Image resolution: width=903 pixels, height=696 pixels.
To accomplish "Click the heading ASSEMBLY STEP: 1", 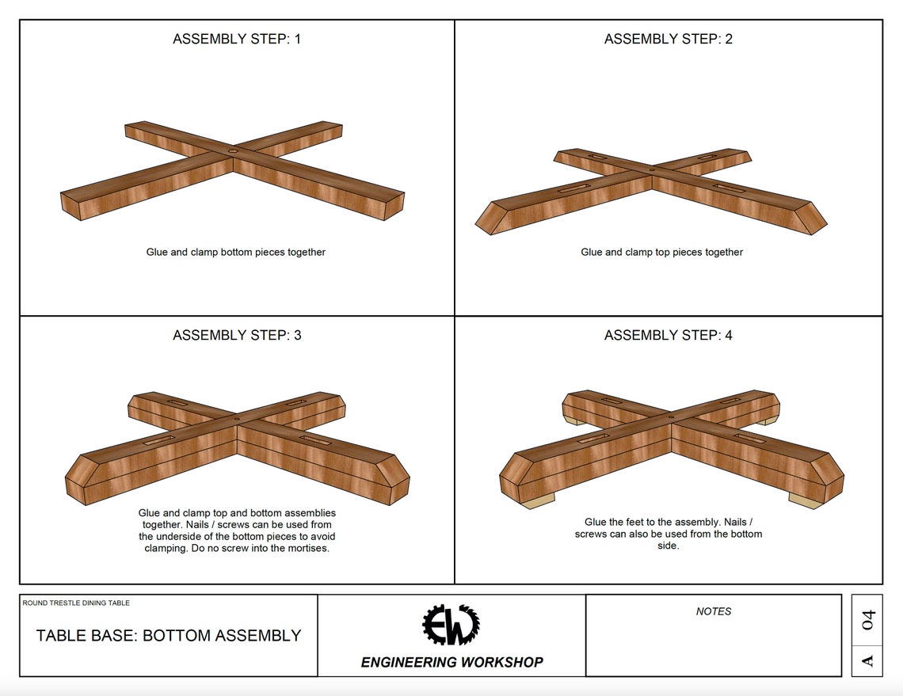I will click(237, 39).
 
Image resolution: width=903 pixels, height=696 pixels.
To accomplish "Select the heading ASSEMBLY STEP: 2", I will click(668, 39).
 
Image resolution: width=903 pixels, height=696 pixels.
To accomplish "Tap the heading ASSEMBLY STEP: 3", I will click(237, 335).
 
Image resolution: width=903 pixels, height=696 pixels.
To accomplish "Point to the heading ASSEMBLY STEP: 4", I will click(668, 335).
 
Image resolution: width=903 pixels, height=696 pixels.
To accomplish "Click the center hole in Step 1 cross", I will click(233, 150).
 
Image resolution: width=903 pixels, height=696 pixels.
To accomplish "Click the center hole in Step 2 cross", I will click(652, 169).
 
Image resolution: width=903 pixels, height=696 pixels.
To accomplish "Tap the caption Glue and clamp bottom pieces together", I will click(236, 252).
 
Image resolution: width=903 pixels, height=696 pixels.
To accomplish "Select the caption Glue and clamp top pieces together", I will click(661, 252).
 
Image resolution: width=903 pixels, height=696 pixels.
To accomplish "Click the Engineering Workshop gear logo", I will click(451, 625).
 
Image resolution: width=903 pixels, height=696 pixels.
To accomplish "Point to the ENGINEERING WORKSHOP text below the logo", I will click(451, 662).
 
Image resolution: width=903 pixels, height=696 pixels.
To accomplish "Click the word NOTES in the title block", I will click(714, 611).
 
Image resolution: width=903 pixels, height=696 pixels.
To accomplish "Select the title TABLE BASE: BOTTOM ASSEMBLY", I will click(169, 635).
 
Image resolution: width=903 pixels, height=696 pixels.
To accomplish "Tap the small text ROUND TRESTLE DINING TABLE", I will click(76, 603).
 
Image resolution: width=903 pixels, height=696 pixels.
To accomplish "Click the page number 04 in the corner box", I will click(867, 620).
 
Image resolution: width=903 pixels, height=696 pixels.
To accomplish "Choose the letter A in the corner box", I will click(867, 660).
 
